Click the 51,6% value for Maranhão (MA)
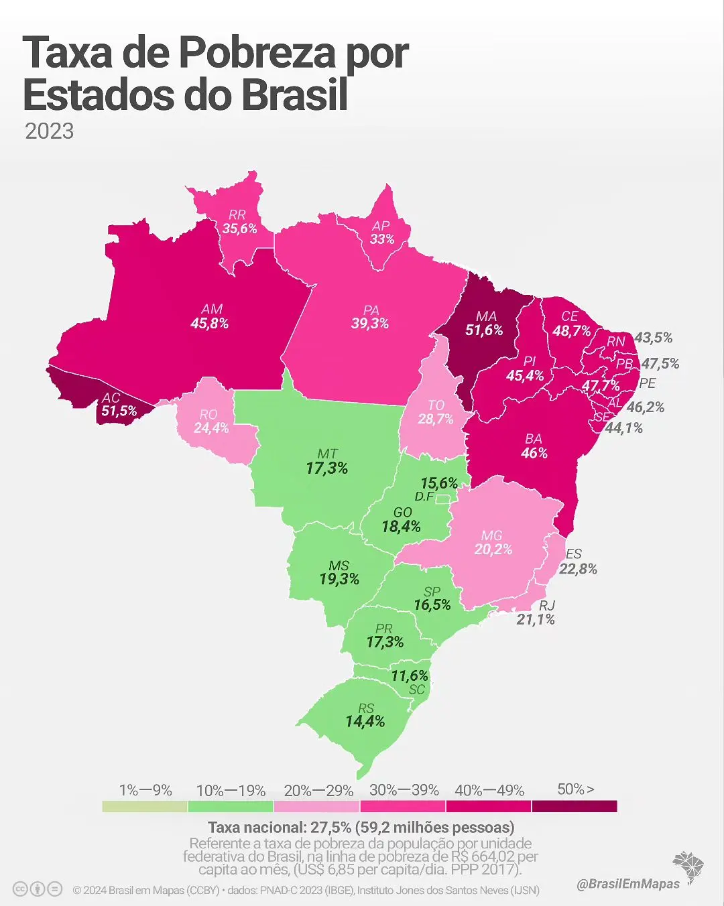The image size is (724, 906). pyautogui.click(x=484, y=330)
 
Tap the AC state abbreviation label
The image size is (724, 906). pyautogui.click(x=111, y=398)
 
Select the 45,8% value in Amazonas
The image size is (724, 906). pyautogui.click(x=210, y=324)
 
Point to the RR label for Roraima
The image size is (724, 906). pyautogui.click(x=237, y=215)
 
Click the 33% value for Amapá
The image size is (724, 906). pyautogui.click(x=382, y=239)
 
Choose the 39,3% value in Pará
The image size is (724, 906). pyautogui.click(x=370, y=324)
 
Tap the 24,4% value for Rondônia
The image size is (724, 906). pyautogui.click(x=211, y=428)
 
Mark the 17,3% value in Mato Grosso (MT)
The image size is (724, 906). pyautogui.click(x=327, y=468)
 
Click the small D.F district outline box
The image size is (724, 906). pyautogui.click(x=443, y=499)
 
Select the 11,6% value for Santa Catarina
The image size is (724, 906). pyautogui.click(x=410, y=676)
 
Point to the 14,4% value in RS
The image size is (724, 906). pyautogui.click(x=365, y=722)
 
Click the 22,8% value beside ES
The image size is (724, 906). pyautogui.click(x=578, y=569)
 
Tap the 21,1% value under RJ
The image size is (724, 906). pyautogui.click(x=536, y=620)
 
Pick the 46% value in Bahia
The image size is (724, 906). pyautogui.click(x=534, y=453)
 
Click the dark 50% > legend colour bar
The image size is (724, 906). pyautogui.click(x=575, y=806)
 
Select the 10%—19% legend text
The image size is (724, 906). pyautogui.click(x=231, y=791)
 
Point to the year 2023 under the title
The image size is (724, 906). pyautogui.click(x=49, y=131)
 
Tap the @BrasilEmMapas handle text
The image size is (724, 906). pyautogui.click(x=628, y=884)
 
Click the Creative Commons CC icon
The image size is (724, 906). pyautogui.click(x=20, y=889)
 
